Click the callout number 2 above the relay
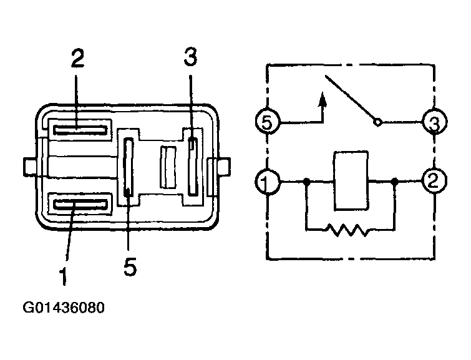(78, 58)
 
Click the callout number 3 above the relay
(191, 57)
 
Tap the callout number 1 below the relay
(63, 276)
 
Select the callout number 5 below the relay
(130, 266)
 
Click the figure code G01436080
(64, 308)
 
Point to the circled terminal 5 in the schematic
(267, 122)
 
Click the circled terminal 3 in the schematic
(435, 122)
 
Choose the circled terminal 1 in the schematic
(267, 182)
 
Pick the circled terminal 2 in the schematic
(435, 181)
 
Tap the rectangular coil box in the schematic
(351, 180)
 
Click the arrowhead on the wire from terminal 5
(323, 99)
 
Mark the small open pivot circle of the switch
(377, 122)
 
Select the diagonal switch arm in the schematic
(350, 97)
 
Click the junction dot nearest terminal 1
(306, 182)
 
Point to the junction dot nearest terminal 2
(395, 181)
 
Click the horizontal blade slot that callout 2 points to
(80, 130)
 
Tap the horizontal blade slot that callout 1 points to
(80, 205)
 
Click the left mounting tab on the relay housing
(29, 167)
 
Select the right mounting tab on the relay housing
(224, 167)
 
